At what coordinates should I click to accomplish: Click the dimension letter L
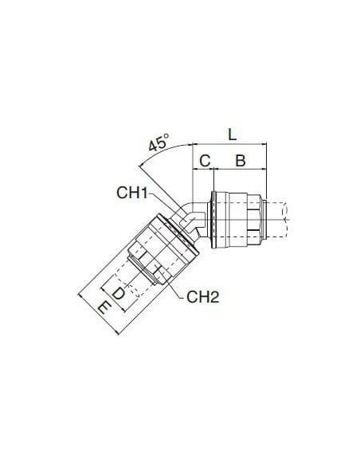(233, 135)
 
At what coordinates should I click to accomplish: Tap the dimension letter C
(205, 161)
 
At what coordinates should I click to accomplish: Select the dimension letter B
(241, 161)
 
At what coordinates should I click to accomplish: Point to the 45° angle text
(158, 143)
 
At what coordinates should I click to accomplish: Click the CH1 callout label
(132, 193)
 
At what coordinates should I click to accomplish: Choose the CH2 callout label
(203, 296)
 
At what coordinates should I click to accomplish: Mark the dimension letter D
(119, 293)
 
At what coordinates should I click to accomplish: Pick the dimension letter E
(104, 307)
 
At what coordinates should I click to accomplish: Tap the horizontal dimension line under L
(230, 144)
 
